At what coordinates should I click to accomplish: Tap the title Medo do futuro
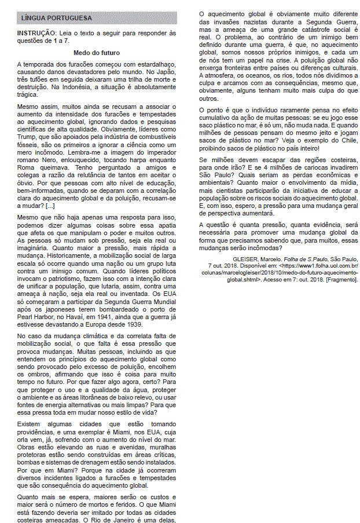(97, 52)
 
